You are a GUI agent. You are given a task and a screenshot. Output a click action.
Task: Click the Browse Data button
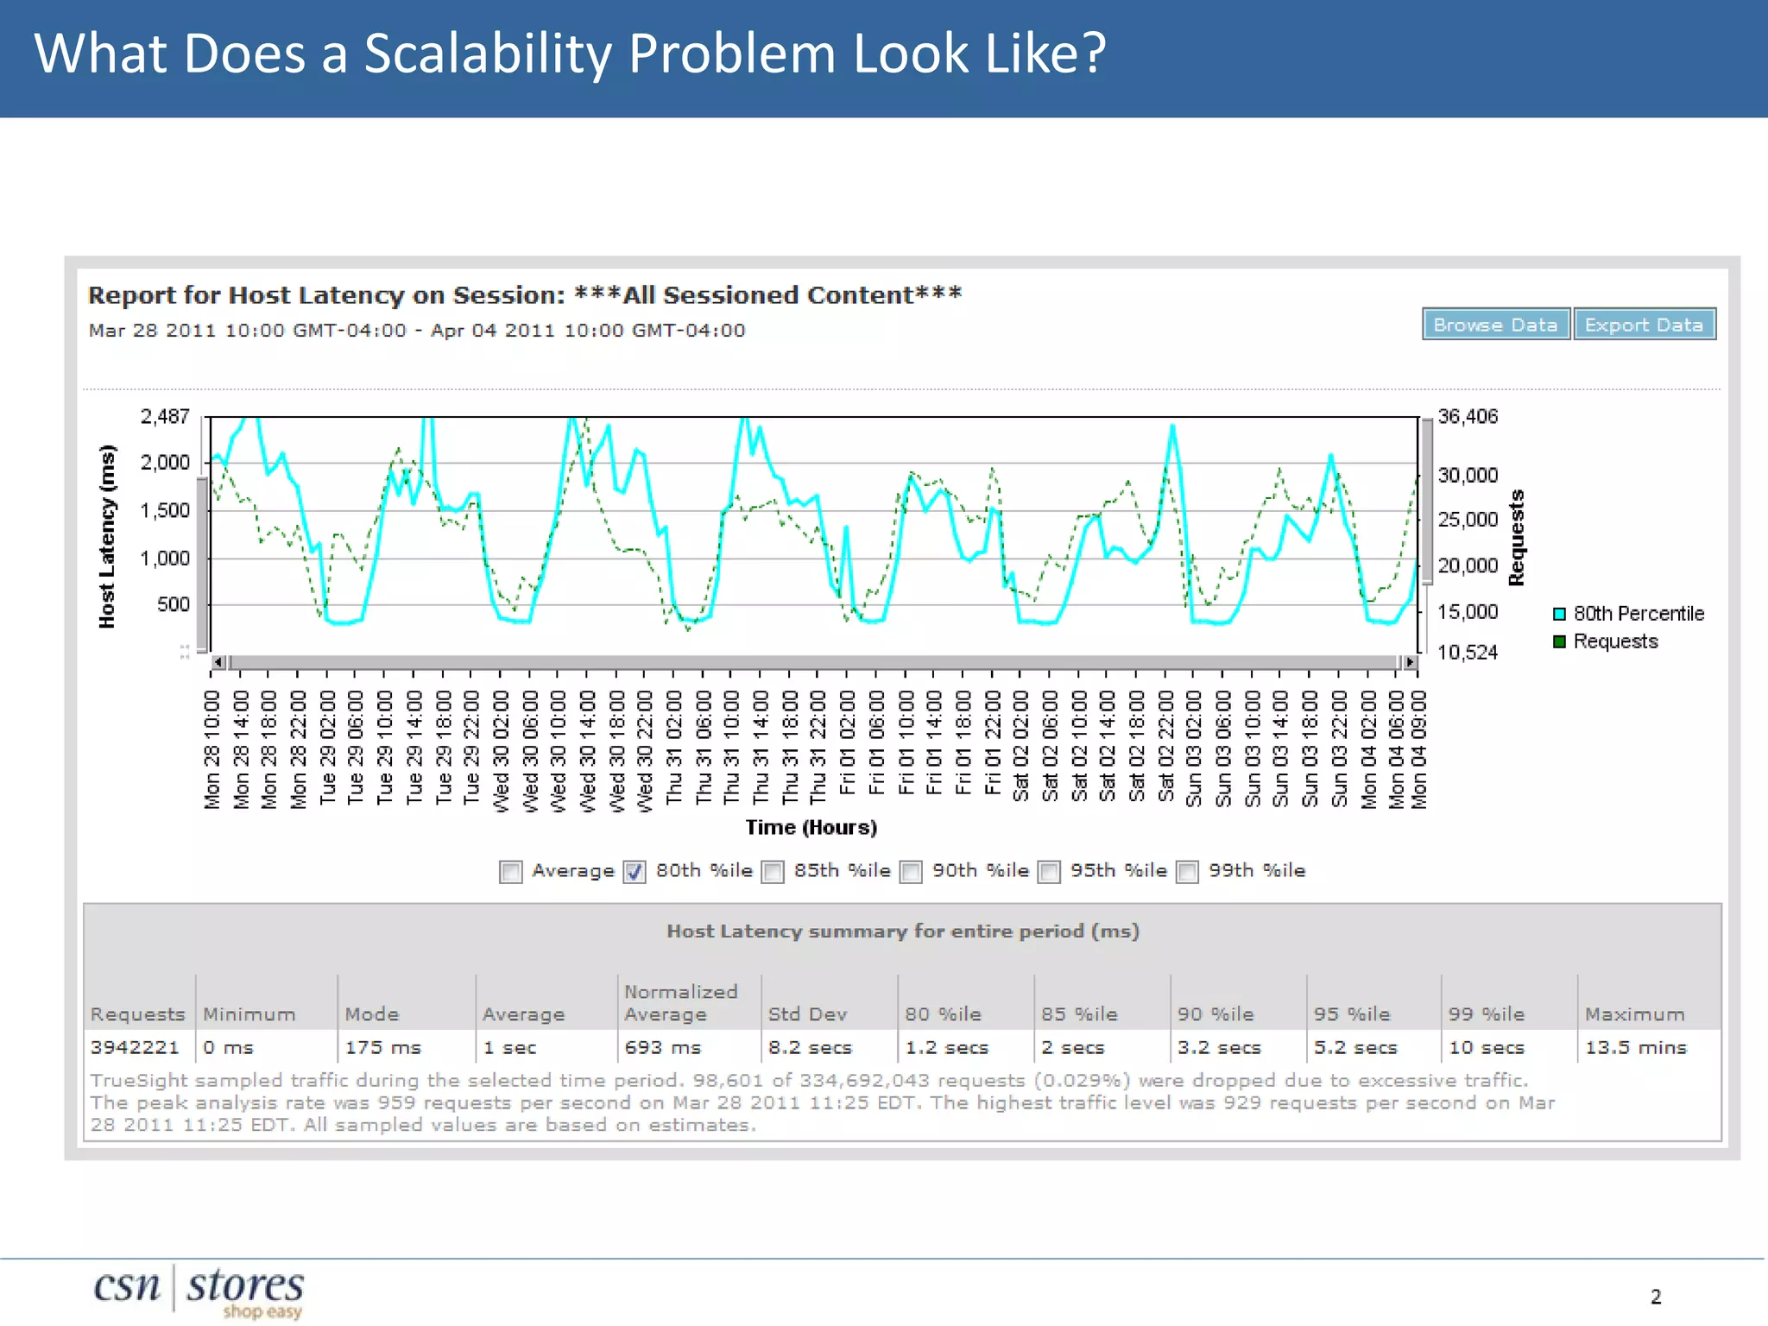(x=1495, y=325)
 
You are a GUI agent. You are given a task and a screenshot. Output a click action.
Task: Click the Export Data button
(x=1644, y=325)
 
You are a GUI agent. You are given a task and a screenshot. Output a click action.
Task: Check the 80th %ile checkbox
(x=635, y=872)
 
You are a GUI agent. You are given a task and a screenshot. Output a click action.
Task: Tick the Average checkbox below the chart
(x=511, y=872)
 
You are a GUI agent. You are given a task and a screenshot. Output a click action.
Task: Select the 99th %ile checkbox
(x=1188, y=872)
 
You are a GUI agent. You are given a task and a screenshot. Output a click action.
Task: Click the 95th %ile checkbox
(x=1049, y=872)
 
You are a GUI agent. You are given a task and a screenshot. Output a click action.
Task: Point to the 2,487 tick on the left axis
(x=165, y=417)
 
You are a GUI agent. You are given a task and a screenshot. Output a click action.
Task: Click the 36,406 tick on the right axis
(x=1468, y=417)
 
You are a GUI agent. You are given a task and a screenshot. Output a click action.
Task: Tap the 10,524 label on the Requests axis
(x=1468, y=653)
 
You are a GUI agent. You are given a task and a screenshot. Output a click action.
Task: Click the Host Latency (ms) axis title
(x=107, y=536)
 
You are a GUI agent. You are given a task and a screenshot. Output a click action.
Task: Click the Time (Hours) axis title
(x=811, y=827)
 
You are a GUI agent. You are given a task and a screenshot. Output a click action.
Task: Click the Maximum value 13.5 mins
(x=1635, y=1047)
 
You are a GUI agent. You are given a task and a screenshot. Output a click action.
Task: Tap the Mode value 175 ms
(x=382, y=1047)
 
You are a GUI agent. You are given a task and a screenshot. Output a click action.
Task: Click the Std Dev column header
(x=807, y=1014)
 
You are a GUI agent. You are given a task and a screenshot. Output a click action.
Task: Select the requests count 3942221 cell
(x=135, y=1047)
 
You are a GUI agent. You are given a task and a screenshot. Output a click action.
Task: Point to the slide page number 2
(x=1656, y=1297)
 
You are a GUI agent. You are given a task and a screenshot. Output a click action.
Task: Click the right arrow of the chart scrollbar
(x=1410, y=662)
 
